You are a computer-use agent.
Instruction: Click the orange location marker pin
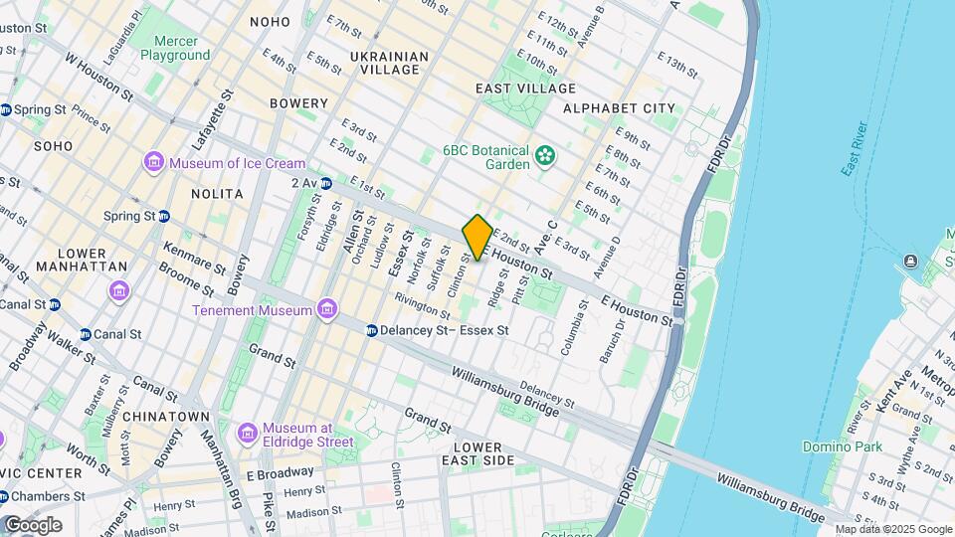(x=477, y=238)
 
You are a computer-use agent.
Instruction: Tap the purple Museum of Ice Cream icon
(x=153, y=162)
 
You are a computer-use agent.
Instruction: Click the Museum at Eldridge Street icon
(x=248, y=433)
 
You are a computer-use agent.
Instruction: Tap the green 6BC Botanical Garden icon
(x=544, y=155)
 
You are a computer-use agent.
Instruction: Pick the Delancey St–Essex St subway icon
(x=371, y=330)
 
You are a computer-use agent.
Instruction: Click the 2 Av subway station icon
(x=326, y=183)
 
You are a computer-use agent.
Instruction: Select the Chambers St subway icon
(x=6, y=496)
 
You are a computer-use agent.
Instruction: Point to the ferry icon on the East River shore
(x=910, y=262)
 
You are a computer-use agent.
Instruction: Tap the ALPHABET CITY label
(x=619, y=108)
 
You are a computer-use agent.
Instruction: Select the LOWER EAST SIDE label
(x=484, y=453)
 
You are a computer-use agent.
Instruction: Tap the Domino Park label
(x=844, y=447)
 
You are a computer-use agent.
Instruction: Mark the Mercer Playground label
(x=175, y=49)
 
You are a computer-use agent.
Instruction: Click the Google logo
(x=32, y=525)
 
